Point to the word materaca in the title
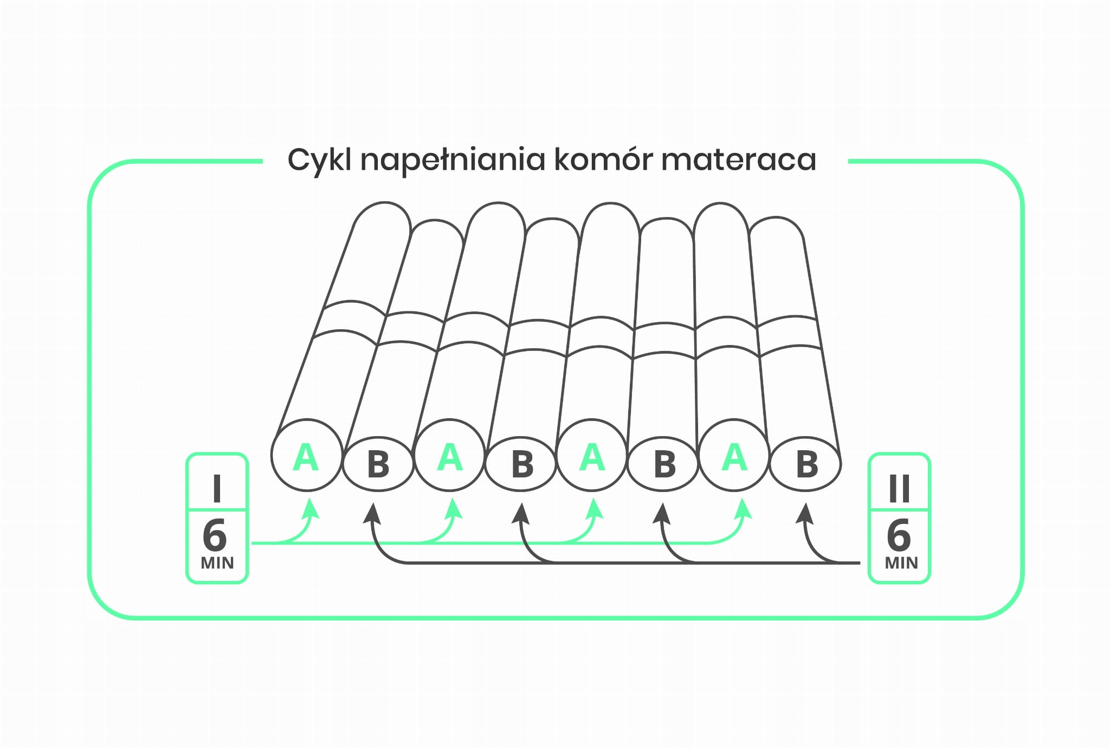point(739,159)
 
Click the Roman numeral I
point(217,489)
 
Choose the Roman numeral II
point(899,489)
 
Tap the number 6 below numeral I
point(215,536)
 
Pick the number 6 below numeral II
point(899,536)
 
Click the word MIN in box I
point(217,563)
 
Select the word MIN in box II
point(901,563)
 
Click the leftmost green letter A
point(306,457)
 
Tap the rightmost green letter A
point(734,457)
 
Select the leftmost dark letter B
point(378,464)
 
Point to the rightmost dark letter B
point(806,464)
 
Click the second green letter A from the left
point(450,457)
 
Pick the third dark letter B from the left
point(664,464)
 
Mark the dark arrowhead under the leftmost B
point(371,513)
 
